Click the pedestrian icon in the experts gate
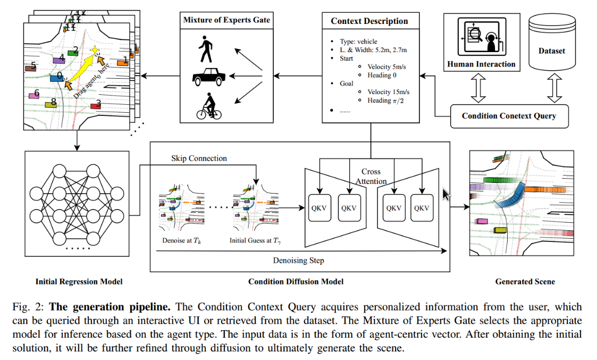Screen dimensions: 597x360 [x=206, y=49]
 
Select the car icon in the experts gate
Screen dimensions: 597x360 [x=208, y=77]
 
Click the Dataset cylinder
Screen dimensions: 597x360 [x=552, y=42]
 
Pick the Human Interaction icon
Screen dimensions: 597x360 [x=482, y=37]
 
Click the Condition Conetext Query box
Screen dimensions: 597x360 [x=509, y=116]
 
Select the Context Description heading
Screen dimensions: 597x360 [x=369, y=21]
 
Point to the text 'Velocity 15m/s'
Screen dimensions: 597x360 [x=389, y=92]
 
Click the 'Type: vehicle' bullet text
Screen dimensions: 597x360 [x=358, y=41]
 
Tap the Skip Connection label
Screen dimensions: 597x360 [x=199, y=158]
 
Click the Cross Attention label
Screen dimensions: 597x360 [x=371, y=177]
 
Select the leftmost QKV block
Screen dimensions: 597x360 [x=319, y=207]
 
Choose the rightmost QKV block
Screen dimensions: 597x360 [x=422, y=207]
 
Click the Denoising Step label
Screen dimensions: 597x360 [x=299, y=261]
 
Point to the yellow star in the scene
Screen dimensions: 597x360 [x=95, y=51]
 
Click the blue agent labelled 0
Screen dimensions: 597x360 [x=57, y=78]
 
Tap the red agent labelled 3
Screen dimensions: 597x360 [x=96, y=106]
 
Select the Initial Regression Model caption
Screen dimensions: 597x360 [x=79, y=281]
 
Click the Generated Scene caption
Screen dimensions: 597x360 [x=525, y=281]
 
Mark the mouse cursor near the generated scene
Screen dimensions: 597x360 [x=446, y=194]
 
